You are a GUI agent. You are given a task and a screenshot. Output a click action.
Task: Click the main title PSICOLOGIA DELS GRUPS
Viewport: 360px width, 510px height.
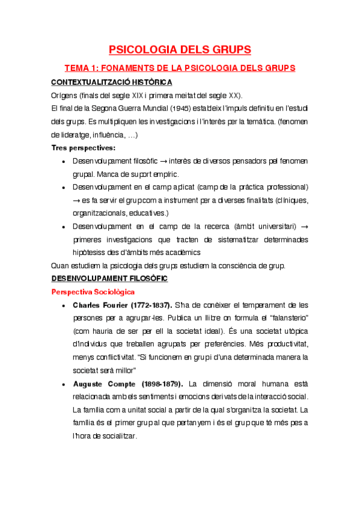[x=180, y=49]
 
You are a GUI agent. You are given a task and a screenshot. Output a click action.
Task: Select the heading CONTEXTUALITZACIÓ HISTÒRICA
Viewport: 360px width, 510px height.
[x=112, y=82]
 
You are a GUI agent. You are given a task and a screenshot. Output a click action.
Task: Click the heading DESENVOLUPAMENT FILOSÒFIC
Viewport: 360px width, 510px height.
[x=110, y=279]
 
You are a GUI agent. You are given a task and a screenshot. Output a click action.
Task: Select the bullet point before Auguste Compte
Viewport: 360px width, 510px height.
[x=64, y=384]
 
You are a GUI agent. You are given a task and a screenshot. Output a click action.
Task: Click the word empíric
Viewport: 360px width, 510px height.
[x=165, y=174]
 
